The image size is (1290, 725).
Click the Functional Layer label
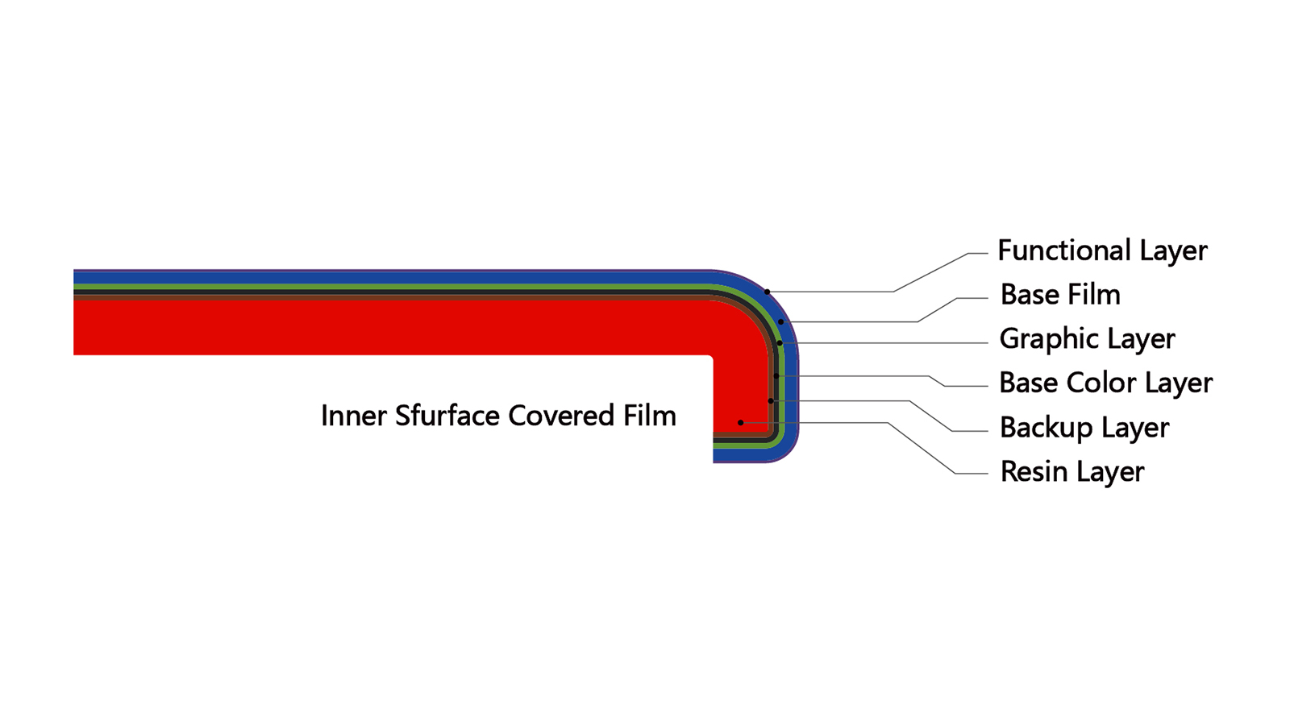point(1102,251)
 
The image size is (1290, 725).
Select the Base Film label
point(1060,295)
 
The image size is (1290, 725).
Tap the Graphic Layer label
point(1088,339)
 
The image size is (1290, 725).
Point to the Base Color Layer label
point(1105,383)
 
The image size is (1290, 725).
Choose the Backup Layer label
point(1084,428)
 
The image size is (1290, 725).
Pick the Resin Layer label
point(1072,472)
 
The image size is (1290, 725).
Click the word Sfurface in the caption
point(447,416)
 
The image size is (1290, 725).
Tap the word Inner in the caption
point(354,416)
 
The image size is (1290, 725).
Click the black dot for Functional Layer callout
point(767,292)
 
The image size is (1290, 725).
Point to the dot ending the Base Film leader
point(781,321)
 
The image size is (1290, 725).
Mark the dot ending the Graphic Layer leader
point(779,343)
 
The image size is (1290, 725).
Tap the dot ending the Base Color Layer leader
point(776,375)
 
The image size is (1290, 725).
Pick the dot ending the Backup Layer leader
point(771,400)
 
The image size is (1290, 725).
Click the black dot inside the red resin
point(741,422)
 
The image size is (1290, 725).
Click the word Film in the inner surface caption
point(650,416)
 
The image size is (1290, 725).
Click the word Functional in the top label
point(1064,251)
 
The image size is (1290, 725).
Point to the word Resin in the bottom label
point(1034,472)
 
